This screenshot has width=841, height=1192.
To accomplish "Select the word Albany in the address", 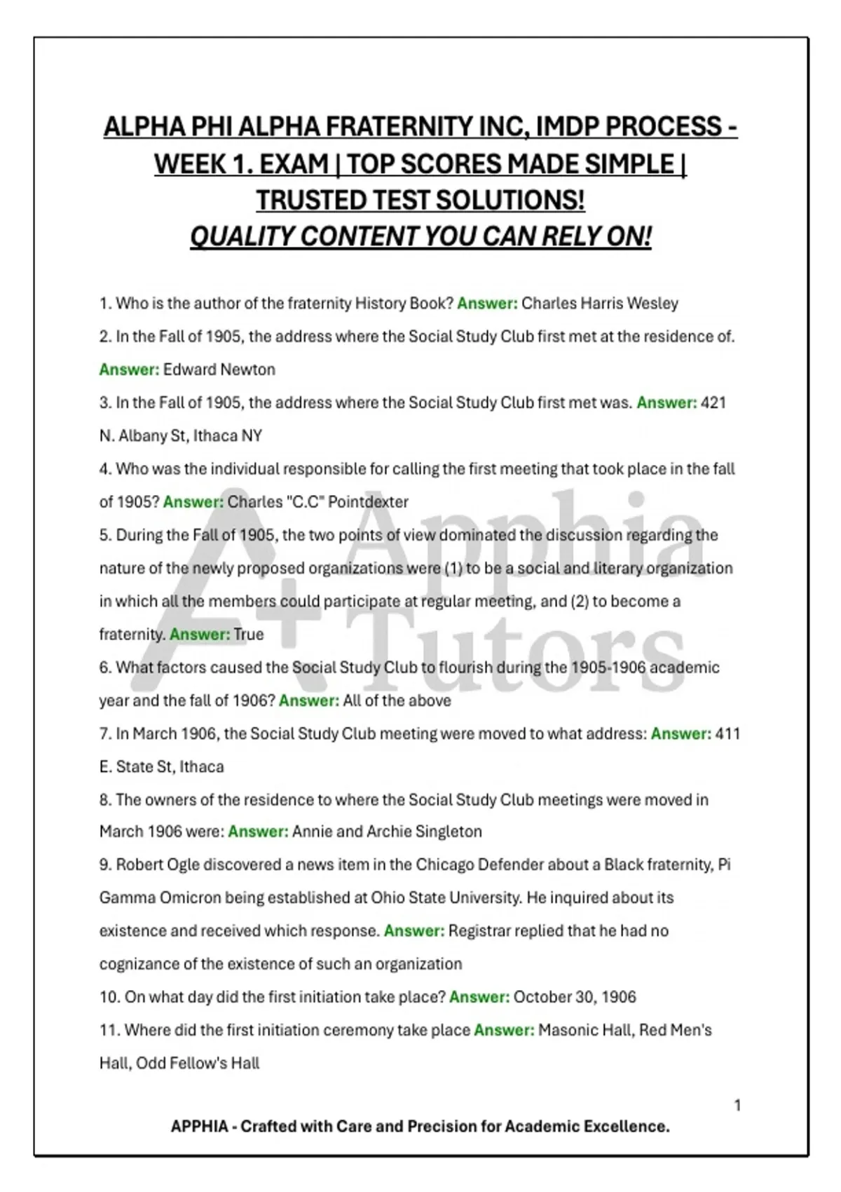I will (139, 436).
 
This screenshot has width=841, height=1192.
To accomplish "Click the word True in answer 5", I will (249, 635).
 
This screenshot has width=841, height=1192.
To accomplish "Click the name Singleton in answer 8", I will (449, 832).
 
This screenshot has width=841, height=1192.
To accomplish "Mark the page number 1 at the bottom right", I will (737, 1106).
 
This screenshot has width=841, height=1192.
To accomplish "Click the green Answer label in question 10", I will (479, 997).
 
